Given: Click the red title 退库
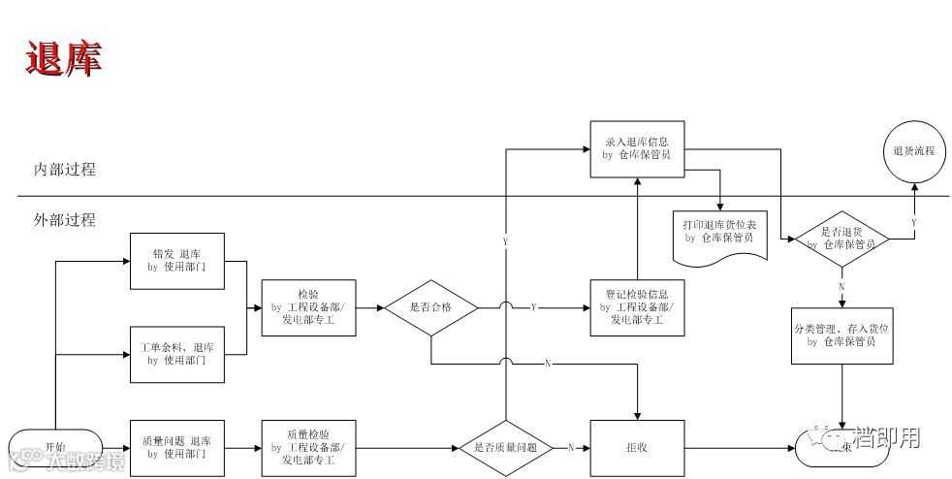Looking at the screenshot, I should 63,59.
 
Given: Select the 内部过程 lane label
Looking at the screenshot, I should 65,170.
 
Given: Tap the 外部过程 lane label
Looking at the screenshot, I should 65,220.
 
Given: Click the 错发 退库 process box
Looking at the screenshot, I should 176,260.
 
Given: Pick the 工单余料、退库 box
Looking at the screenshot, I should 176,353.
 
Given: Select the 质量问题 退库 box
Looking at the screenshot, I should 176,447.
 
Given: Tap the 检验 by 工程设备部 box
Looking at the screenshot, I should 309,307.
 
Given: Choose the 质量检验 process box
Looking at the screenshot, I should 309,447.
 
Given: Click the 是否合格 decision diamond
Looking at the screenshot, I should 430,307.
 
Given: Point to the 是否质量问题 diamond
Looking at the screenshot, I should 505,447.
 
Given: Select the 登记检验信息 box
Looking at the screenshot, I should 636,307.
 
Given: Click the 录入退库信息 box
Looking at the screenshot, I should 636,148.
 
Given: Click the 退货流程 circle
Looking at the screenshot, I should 913,152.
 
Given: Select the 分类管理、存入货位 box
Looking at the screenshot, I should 841,335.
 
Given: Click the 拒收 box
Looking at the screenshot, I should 636,447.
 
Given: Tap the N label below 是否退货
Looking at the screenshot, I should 841,286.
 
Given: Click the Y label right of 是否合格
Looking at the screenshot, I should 533,307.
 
